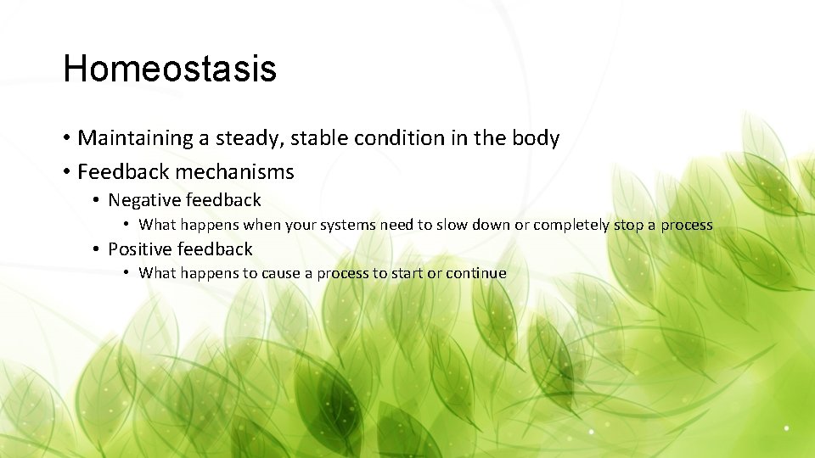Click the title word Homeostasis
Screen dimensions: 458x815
pos(170,69)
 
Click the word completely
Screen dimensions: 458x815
pos(575,226)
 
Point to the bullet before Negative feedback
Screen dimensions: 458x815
pos(98,201)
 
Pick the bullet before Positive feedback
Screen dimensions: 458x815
pos(98,250)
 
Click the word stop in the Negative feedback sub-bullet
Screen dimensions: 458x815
pos(633,226)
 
